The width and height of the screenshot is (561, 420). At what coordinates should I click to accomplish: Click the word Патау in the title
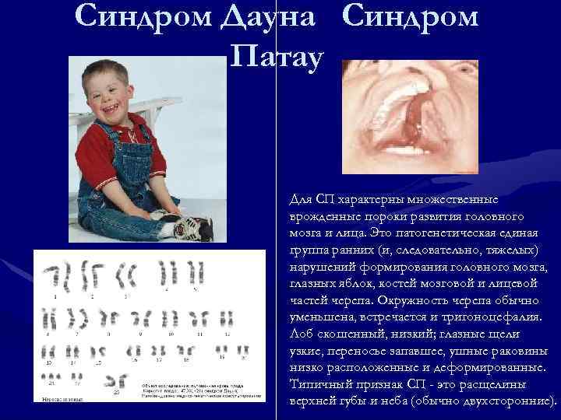(276, 56)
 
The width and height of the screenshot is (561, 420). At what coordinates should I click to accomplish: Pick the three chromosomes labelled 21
(55, 379)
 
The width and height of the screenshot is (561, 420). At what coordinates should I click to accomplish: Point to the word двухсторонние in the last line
(506, 401)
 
